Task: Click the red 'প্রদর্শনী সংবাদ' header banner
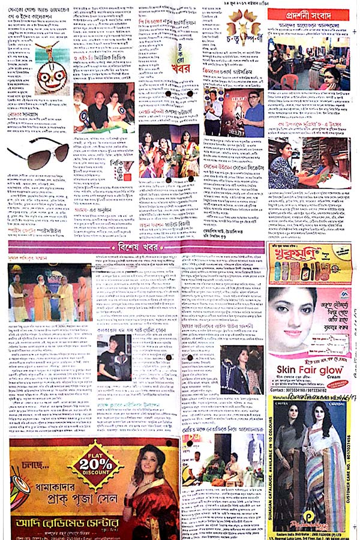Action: coord(308,14)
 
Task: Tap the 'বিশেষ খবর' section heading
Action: coord(137,248)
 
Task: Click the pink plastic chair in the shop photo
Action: coord(289,80)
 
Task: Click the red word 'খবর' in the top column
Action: coord(180,67)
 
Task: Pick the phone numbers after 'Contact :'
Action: coord(305,389)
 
